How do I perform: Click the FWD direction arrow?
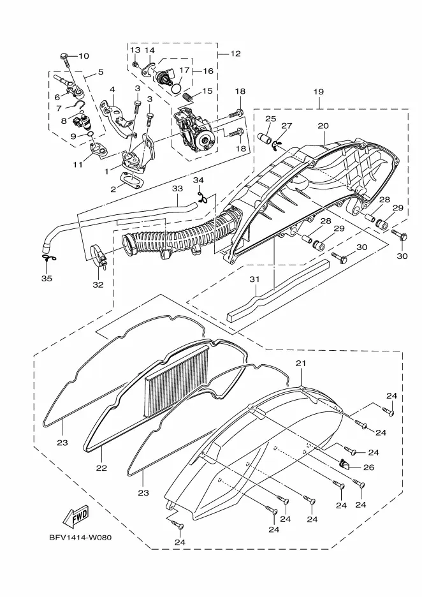(x=76, y=517)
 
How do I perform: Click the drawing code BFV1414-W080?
(x=80, y=538)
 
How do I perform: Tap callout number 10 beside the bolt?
(x=84, y=56)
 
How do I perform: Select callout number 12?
(x=236, y=54)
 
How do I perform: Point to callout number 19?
(x=319, y=92)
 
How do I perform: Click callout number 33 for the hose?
(x=177, y=188)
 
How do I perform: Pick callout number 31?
(x=254, y=279)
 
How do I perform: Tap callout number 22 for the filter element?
(x=101, y=468)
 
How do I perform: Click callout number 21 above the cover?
(x=301, y=364)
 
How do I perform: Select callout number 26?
(x=368, y=467)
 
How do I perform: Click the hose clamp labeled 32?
(x=99, y=256)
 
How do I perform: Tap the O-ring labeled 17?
(x=175, y=89)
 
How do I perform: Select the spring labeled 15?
(x=188, y=97)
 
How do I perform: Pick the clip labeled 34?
(x=202, y=197)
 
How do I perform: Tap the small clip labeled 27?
(x=276, y=144)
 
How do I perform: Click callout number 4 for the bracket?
(x=112, y=89)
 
